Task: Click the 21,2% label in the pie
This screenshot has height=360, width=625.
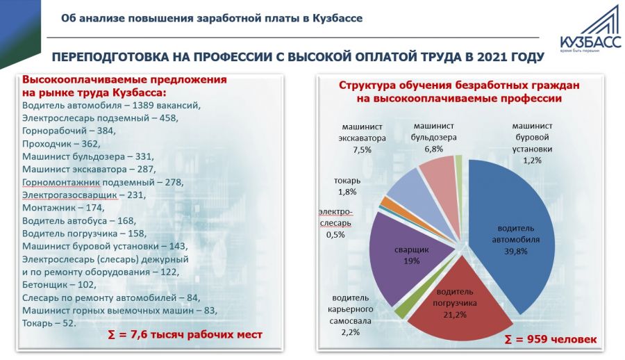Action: click(x=455, y=314)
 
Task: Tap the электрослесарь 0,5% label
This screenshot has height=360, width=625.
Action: click(x=335, y=223)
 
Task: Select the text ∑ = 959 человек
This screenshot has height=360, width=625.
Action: click(x=551, y=340)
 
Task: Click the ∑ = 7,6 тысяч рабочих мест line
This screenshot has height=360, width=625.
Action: click(x=185, y=335)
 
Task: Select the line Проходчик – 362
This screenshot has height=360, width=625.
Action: click(x=61, y=143)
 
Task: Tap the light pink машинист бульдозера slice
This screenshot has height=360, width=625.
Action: click(x=437, y=177)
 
